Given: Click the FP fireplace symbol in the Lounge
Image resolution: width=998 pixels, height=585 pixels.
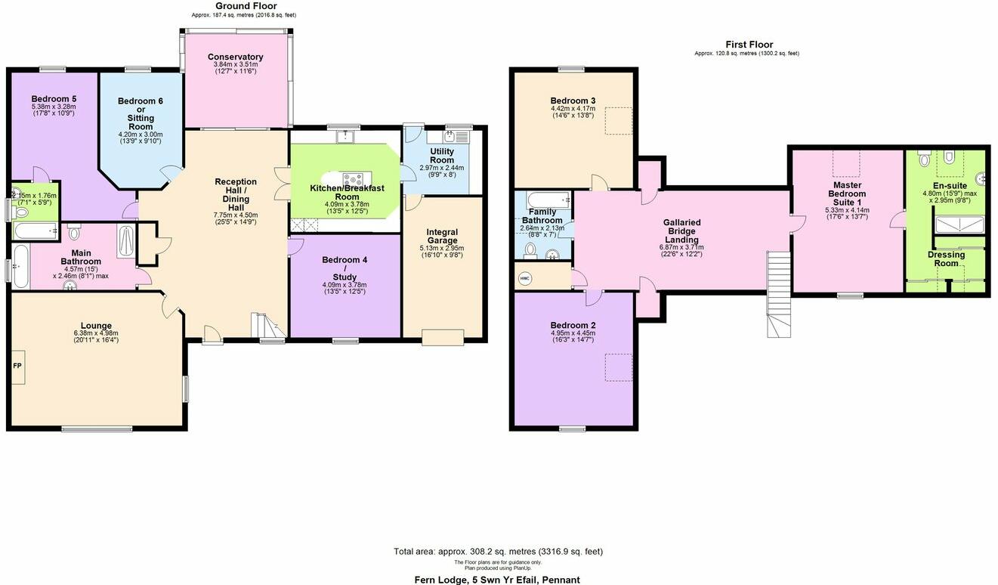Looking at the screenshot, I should click(x=18, y=366).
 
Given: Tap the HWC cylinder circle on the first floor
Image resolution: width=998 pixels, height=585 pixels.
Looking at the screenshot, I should click(x=525, y=279).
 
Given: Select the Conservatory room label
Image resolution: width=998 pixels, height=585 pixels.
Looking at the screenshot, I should click(x=235, y=57).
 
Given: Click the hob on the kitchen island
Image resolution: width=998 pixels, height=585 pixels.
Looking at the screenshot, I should click(x=352, y=180).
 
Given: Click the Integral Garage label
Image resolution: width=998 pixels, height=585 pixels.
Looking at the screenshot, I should click(x=442, y=237).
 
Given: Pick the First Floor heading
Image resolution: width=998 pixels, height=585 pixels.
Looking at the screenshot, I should click(x=749, y=45).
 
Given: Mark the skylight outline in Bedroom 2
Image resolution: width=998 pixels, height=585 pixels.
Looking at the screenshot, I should click(x=618, y=367).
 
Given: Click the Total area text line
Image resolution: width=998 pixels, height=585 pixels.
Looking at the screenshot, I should click(x=498, y=551).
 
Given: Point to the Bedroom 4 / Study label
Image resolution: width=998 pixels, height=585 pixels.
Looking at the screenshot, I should click(x=345, y=268).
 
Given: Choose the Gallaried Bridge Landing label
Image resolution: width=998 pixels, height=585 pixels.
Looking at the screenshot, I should click(x=681, y=231).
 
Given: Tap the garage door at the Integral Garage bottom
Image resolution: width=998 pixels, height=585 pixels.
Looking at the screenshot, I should click(x=442, y=338).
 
